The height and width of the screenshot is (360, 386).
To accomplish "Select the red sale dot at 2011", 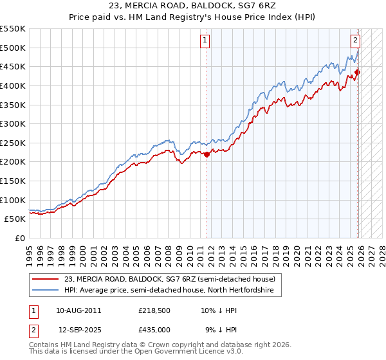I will pyautogui.click(x=207, y=154).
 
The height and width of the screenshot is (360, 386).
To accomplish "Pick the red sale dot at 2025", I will pyautogui.click(x=358, y=72).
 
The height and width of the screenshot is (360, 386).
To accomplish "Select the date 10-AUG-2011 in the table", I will pyautogui.click(x=78, y=310).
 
